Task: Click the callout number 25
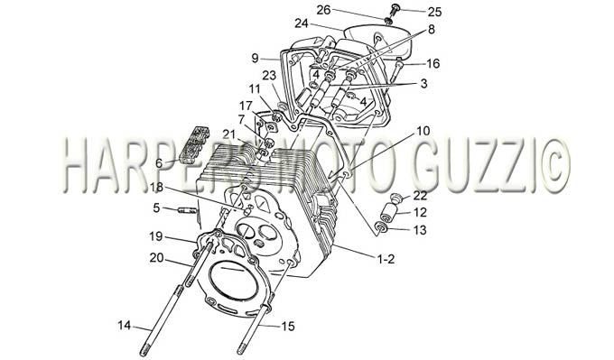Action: pyautogui.click(x=434, y=12)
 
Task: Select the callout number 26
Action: pyautogui.click(x=323, y=10)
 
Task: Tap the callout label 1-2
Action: pyautogui.click(x=386, y=259)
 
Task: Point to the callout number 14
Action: pyautogui.click(x=124, y=325)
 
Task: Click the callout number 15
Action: pyautogui.click(x=288, y=327)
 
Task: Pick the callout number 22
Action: pyautogui.click(x=420, y=195)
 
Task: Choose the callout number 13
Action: pyautogui.click(x=419, y=230)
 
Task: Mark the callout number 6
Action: pyautogui.click(x=159, y=163)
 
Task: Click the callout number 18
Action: pyautogui.click(x=156, y=189)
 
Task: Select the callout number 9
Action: pyautogui.click(x=255, y=59)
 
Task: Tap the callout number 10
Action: pyautogui.click(x=423, y=131)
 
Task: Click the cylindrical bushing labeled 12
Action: pyautogui.click(x=388, y=212)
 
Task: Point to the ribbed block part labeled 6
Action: pyautogui.click(x=193, y=145)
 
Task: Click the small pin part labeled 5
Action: pyautogui.click(x=186, y=211)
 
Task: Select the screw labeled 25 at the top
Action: pyautogui.click(x=394, y=10)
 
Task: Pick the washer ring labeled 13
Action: pyautogui.click(x=381, y=227)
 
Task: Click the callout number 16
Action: pyautogui.click(x=433, y=63)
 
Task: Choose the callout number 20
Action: pyautogui.click(x=156, y=258)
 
